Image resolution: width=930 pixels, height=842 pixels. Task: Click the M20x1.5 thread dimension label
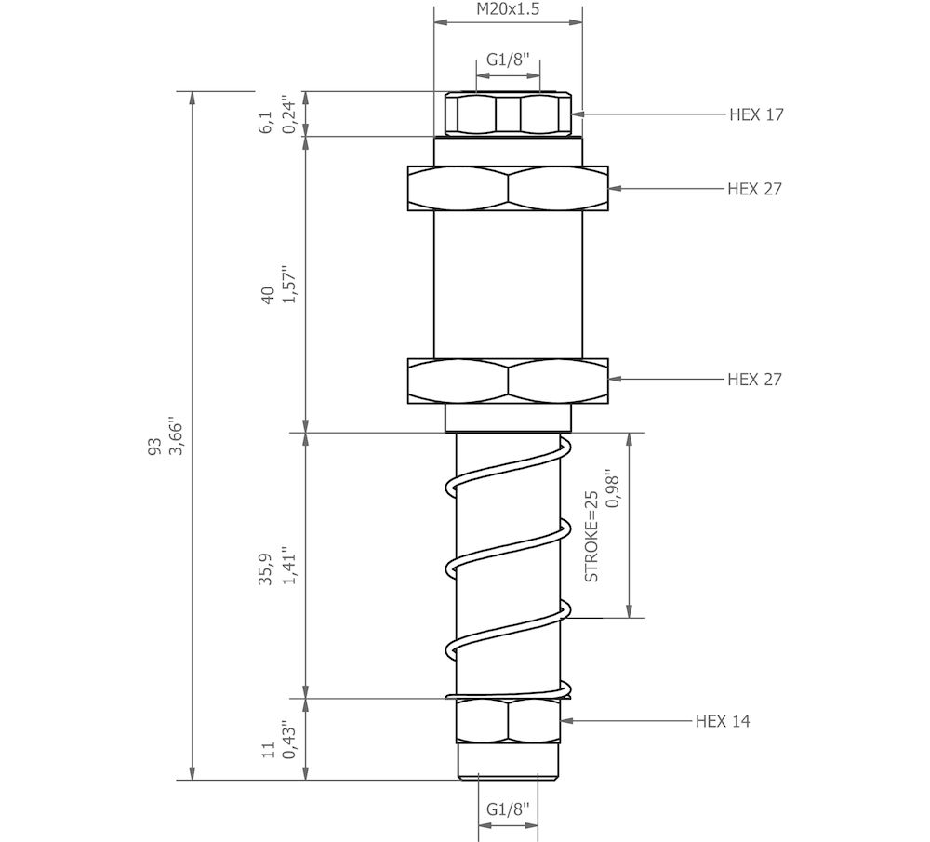[x=508, y=10]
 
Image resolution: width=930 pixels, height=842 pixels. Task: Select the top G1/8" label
[x=508, y=60]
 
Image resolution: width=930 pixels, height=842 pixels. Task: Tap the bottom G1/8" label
[x=508, y=809]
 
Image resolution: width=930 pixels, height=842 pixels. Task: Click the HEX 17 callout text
[x=756, y=114]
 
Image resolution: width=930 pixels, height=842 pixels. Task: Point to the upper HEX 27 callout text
[x=754, y=189]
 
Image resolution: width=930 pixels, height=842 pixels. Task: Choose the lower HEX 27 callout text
[x=754, y=379]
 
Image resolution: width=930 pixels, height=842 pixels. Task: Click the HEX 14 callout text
[x=723, y=721]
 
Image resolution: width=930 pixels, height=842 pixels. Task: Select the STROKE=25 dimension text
[x=591, y=537]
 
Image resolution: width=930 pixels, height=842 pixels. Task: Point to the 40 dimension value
[x=268, y=297]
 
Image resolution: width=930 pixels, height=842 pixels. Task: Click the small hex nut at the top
[x=508, y=114]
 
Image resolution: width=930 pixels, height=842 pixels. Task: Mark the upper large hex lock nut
[x=508, y=189]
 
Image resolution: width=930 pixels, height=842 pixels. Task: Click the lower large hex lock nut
[x=508, y=381]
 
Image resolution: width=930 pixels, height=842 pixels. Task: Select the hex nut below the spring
[x=508, y=720]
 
